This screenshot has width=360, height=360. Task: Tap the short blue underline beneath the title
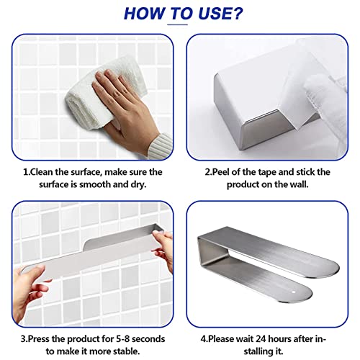point(177,24)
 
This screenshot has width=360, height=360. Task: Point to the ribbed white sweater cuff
point(161,146)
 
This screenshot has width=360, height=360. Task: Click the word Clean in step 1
point(41,172)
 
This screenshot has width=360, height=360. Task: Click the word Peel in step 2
point(220,172)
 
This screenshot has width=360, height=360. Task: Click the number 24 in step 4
point(261,339)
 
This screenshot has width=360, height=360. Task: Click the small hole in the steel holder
point(294,292)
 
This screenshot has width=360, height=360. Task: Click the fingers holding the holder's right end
point(163,247)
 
